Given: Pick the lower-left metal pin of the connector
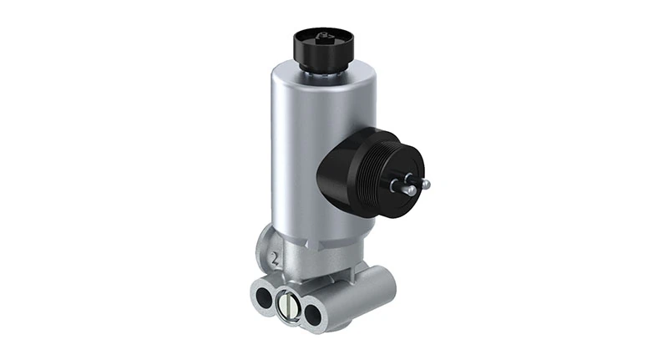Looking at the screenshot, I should tap(410, 191).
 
